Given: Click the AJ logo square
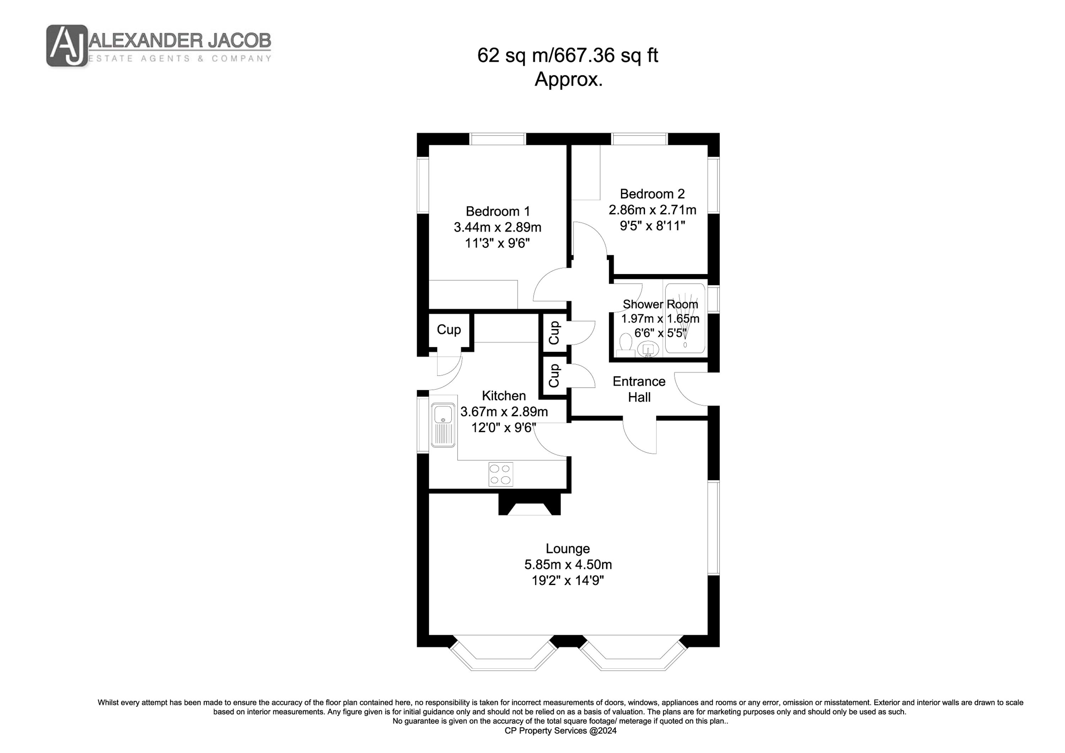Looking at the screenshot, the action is pyautogui.click(x=67, y=45).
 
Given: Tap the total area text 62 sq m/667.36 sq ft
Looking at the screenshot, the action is pyautogui.click(x=568, y=56).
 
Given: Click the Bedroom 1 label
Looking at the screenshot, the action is pyautogui.click(x=498, y=212).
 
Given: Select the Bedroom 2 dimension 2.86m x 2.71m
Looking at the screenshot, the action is pyautogui.click(x=652, y=210).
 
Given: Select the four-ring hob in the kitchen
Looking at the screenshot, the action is pyautogui.click(x=501, y=474).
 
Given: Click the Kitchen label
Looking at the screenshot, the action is pyautogui.click(x=504, y=396).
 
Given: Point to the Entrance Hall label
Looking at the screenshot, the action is pyautogui.click(x=639, y=389).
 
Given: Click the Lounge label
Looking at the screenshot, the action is pyautogui.click(x=568, y=549).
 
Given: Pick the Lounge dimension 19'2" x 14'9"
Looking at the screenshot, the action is pyautogui.click(x=568, y=580).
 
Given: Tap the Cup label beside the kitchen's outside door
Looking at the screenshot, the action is pyautogui.click(x=449, y=330).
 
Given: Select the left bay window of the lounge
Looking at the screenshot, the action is pyautogui.click(x=503, y=654).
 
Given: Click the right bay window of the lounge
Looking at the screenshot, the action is pyautogui.click(x=633, y=654).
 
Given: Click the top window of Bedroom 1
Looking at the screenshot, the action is pyautogui.click(x=498, y=139).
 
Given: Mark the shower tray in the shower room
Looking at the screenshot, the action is pyautogui.click(x=685, y=318).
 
